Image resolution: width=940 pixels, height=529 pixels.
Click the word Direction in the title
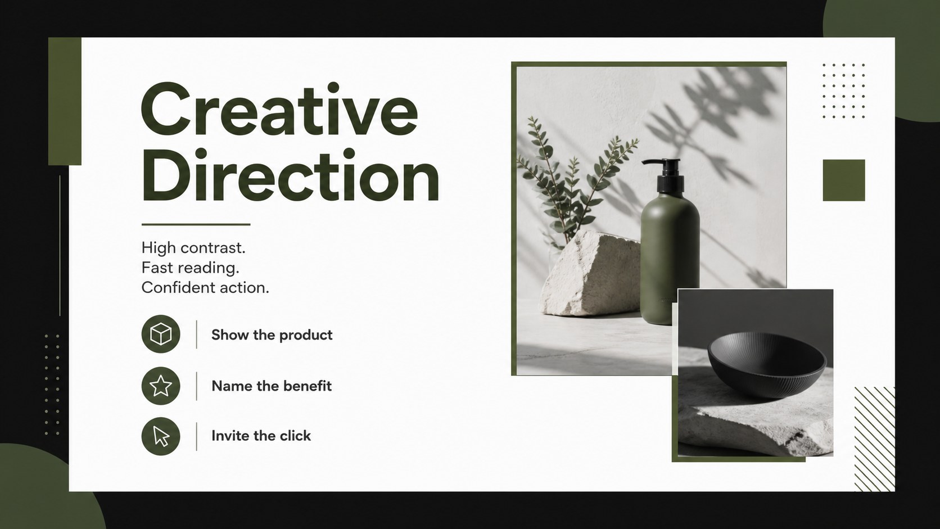[291, 175]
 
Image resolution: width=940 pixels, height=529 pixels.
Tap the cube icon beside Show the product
[161, 334]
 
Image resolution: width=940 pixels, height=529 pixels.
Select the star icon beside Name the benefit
[161, 386]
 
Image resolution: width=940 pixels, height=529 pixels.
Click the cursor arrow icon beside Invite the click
[161, 436]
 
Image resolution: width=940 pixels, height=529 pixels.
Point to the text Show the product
[272, 335]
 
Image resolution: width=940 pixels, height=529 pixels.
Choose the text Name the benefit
[272, 386]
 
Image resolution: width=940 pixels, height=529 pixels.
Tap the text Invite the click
[261, 436]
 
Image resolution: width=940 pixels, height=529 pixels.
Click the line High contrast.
[193, 248]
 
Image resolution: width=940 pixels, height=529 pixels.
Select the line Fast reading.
[190, 268]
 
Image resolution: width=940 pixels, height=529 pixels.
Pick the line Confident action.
[205, 288]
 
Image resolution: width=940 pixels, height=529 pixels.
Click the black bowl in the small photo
[767, 364]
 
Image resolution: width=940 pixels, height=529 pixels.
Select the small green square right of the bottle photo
[843, 180]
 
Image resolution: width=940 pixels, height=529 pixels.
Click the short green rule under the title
[196, 224]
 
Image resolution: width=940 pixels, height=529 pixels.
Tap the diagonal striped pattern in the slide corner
[875, 439]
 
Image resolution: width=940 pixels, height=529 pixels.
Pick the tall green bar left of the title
[65, 101]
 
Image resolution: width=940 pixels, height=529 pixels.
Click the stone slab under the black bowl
[756, 419]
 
